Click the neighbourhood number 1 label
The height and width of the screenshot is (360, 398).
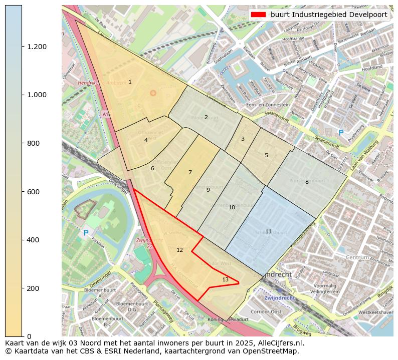click(x=130, y=82)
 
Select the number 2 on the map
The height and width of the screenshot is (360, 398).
click(x=206, y=117)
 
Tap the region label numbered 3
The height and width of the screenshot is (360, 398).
click(x=243, y=139)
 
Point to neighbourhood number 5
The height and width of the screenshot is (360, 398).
click(x=266, y=155)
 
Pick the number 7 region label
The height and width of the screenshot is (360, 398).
click(x=190, y=172)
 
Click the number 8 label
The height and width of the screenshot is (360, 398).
click(x=307, y=182)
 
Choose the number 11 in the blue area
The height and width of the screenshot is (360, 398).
click(x=268, y=231)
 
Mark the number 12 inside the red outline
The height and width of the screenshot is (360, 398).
click(x=179, y=250)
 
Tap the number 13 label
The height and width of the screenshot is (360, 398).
click(x=225, y=279)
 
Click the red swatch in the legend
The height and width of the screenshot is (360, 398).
click(x=259, y=15)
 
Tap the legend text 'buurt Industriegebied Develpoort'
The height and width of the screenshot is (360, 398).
click(x=328, y=15)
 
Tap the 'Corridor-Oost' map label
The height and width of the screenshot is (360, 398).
click(x=279, y=311)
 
